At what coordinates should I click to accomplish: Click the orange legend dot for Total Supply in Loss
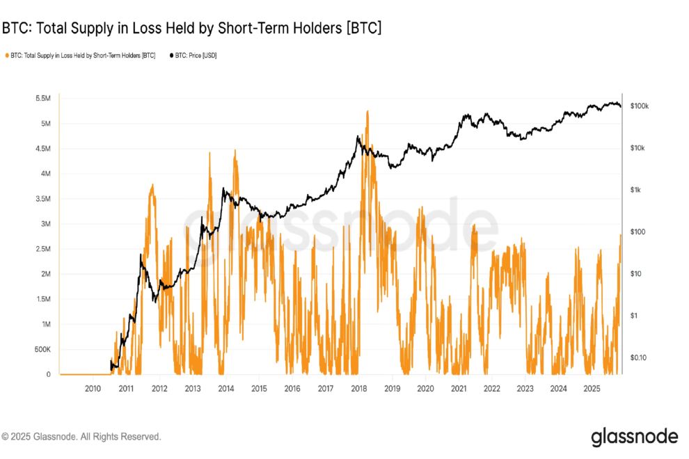(7, 55)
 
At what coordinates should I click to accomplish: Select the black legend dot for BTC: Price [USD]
(171, 55)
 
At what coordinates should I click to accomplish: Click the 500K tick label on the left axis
(40, 349)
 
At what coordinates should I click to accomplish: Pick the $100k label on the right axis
(639, 106)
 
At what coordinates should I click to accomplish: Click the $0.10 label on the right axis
(637, 357)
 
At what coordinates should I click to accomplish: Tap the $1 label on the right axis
(633, 316)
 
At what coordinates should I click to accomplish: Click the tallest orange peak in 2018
(366, 111)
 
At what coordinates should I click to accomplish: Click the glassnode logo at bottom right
(634, 437)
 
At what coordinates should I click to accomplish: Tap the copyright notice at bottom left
(81, 437)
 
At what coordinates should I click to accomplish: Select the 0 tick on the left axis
(47, 374)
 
